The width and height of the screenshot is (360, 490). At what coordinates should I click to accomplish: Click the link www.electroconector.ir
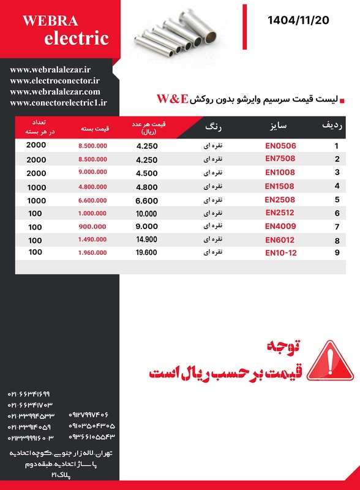coord(55,80)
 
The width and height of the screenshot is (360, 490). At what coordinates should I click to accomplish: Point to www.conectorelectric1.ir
coord(59,103)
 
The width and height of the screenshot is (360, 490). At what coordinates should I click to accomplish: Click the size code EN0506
coord(280,146)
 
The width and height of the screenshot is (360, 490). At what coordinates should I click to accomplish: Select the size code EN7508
coord(280,158)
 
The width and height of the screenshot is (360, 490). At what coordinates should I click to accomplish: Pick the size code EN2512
coord(280,213)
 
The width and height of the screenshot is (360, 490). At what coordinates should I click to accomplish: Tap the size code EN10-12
coord(280,252)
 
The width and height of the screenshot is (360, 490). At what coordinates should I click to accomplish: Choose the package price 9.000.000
coord(93,173)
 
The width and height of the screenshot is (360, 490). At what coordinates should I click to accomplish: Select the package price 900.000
coord(93,226)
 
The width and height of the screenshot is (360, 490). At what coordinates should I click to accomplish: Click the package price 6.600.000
coord(93,200)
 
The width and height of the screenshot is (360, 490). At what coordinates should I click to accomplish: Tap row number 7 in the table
coord(337,227)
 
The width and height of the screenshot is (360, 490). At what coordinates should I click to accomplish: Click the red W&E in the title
coord(172,99)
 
